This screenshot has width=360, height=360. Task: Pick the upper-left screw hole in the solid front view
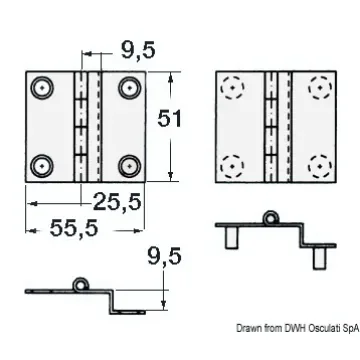[42, 88]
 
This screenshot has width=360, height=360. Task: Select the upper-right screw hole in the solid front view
[129, 88]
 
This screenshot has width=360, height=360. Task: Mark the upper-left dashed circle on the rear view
[233, 88]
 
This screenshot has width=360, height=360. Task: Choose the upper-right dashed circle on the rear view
[318, 88]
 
